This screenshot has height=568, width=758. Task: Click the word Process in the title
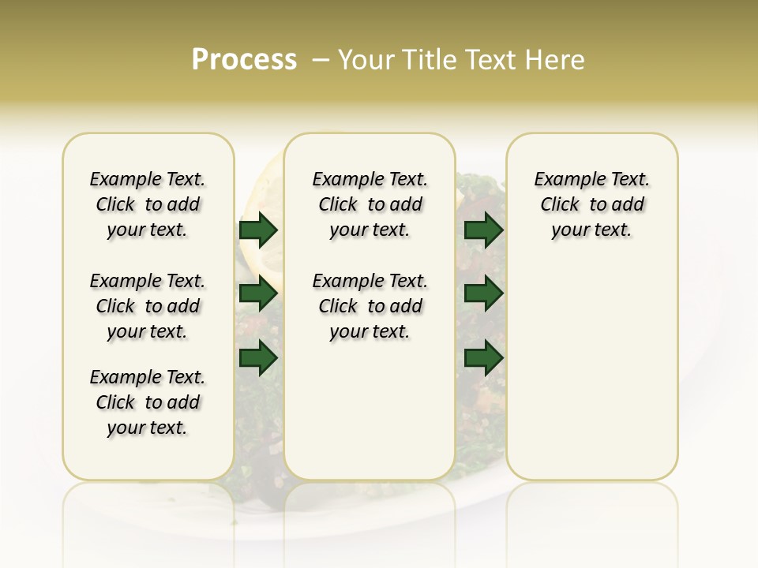244,60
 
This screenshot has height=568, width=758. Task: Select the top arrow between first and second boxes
258,230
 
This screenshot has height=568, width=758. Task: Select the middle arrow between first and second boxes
258,294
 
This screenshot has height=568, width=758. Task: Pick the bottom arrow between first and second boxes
258,358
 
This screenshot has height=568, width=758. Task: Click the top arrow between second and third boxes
483,230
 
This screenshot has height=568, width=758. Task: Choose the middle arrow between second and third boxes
483,294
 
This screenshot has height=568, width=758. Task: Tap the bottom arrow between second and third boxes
483,358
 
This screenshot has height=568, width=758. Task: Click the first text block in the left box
148,204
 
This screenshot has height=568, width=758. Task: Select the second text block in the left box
148,306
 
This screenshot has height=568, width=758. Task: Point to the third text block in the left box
148,402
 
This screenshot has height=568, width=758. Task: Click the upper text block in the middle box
370,204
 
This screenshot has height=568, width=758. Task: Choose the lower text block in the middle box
370,306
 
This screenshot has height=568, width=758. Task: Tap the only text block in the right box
591,204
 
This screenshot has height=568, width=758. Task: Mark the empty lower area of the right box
591,371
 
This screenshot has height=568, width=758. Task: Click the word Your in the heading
366,60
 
